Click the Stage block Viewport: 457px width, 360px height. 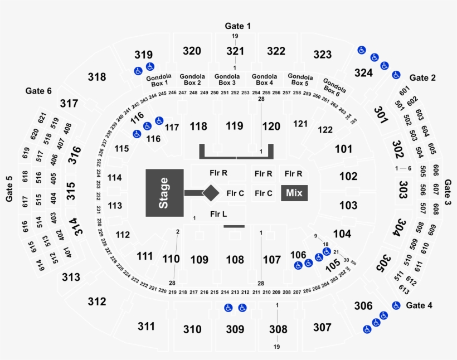click(x=164, y=192)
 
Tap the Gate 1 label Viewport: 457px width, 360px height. click(x=238, y=26)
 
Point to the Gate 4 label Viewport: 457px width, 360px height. click(x=422, y=305)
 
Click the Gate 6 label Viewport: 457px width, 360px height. click(x=38, y=90)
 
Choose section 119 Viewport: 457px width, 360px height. click(x=235, y=126)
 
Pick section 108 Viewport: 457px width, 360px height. click(x=235, y=259)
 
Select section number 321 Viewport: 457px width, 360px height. click(x=235, y=51)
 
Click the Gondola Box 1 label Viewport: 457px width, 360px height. click(x=157, y=80)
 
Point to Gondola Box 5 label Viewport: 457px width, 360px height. click(x=300, y=80)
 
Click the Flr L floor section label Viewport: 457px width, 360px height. click(x=218, y=213)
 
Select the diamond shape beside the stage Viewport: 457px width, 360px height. click(x=211, y=193)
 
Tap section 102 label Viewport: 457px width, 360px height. click(x=348, y=176)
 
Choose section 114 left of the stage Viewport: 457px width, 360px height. click(x=115, y=178)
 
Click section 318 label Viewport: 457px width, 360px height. click(x=96, y=77)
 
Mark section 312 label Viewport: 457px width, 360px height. click(x=96, y=301)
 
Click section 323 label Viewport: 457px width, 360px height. click(x=322, y=54)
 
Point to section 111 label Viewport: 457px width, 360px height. click(x=144, y=256)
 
